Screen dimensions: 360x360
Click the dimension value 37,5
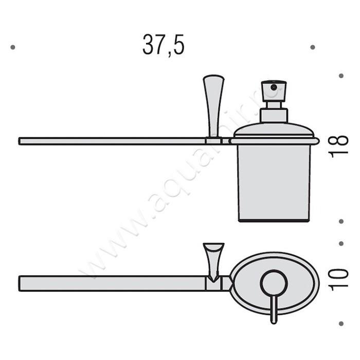[x=163, y=46]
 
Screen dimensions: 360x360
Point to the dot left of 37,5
[x=12, y=47]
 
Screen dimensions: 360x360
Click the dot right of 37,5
[x=312, y=47]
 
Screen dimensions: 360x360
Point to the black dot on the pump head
[x=273, y=87]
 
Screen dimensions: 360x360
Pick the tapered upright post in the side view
[x=213, y=105]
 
